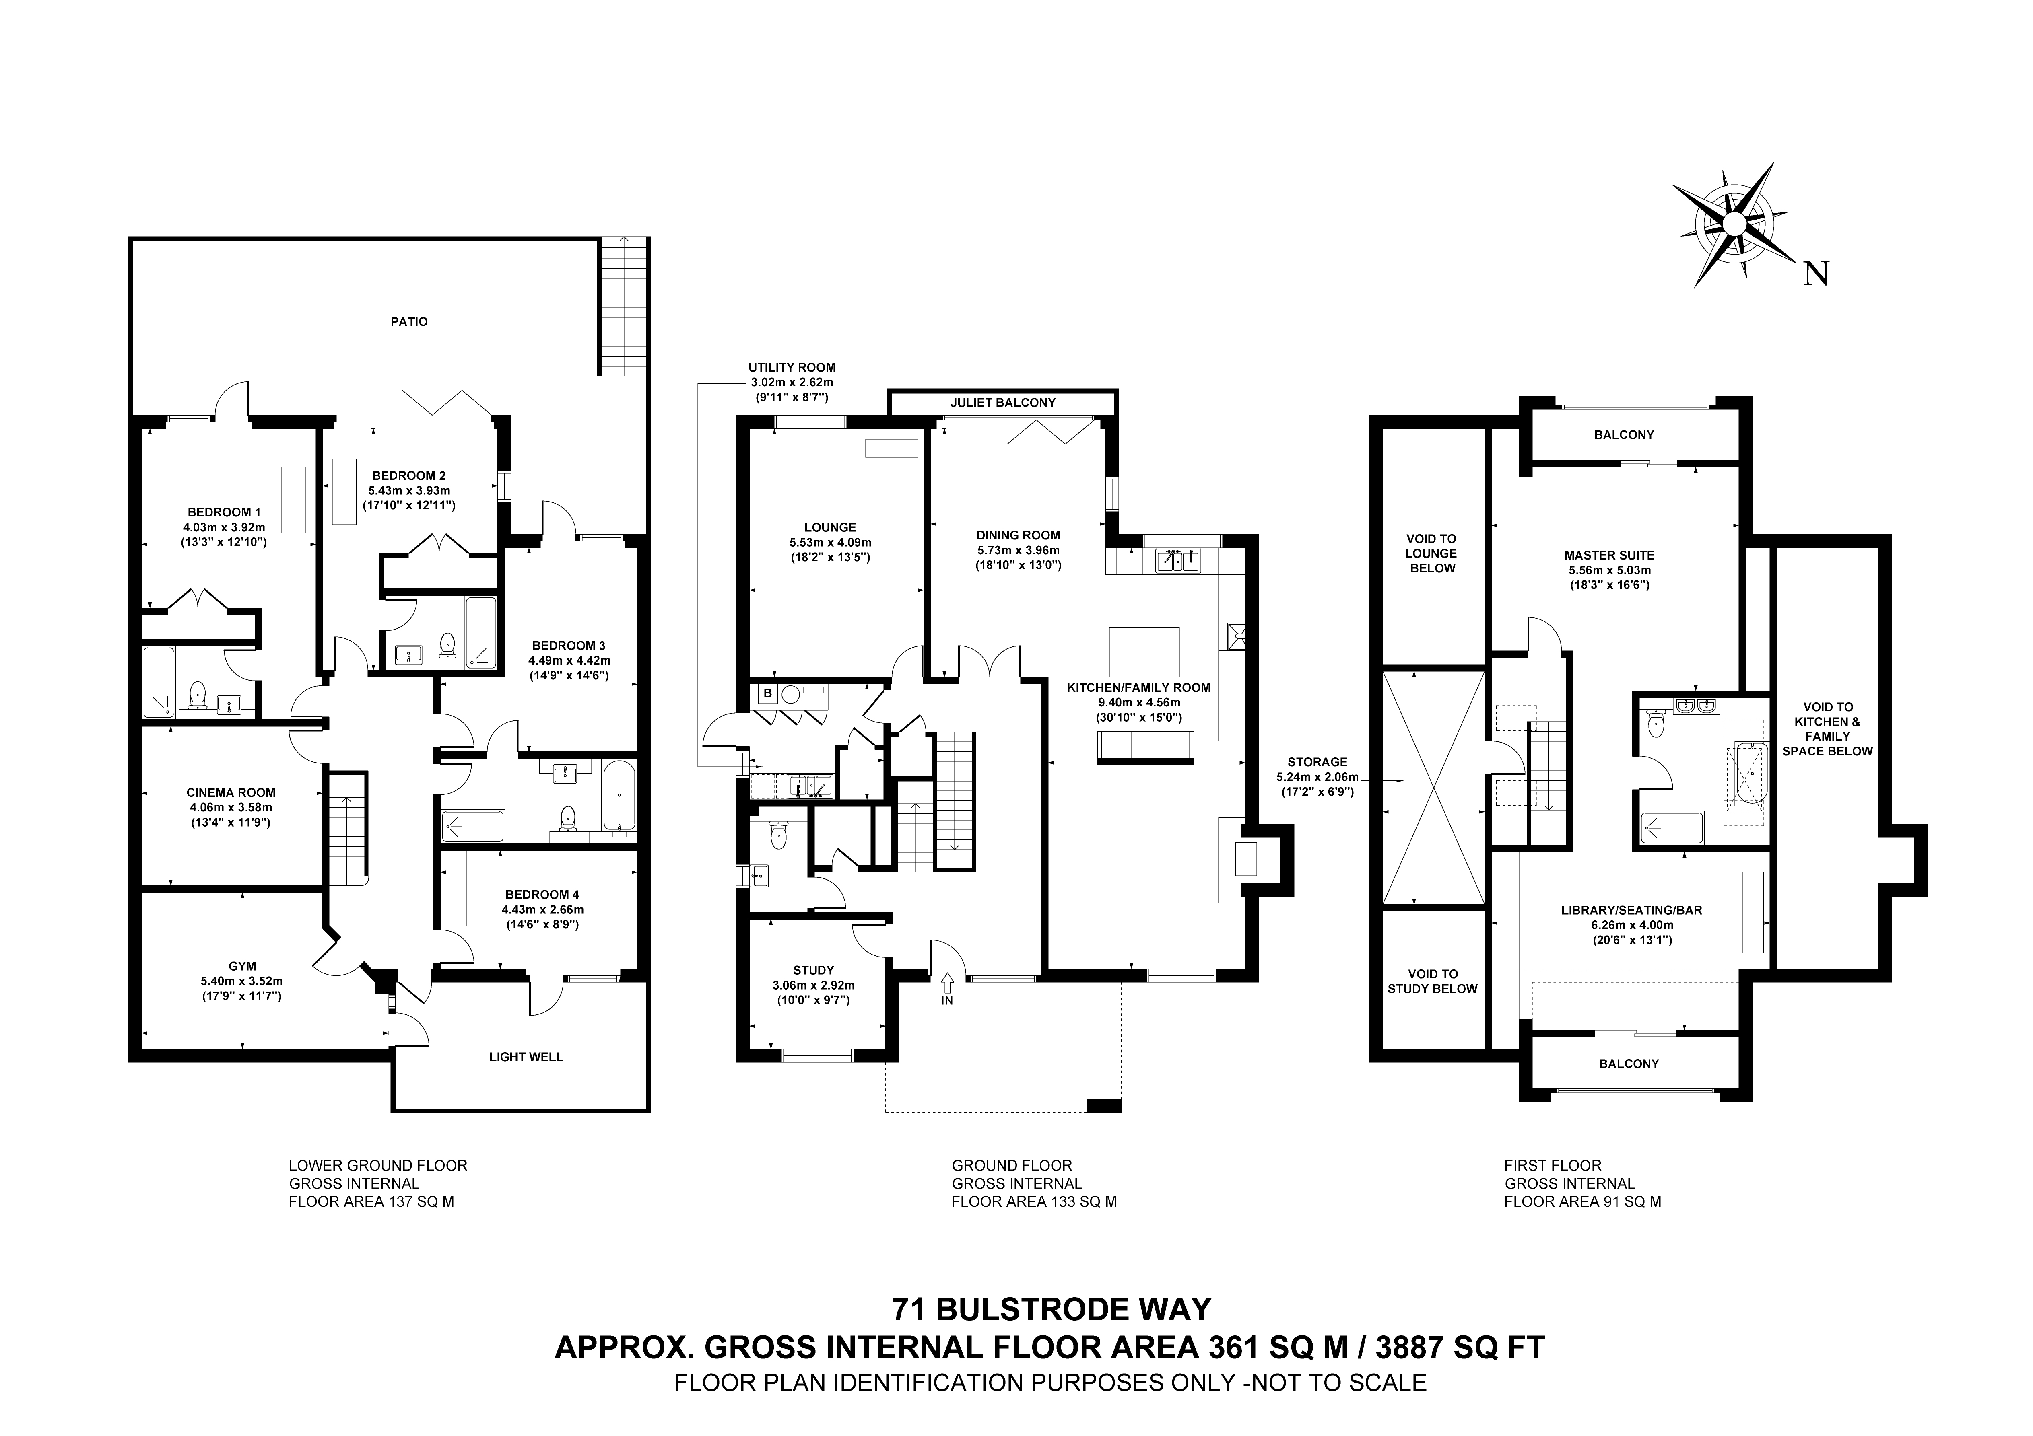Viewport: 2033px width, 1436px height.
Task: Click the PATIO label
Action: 409,321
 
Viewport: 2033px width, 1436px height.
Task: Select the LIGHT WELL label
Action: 526,1056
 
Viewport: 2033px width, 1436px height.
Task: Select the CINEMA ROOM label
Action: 231,792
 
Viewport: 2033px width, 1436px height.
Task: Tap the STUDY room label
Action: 813,970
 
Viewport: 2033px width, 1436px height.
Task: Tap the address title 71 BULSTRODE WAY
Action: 1051,1308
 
